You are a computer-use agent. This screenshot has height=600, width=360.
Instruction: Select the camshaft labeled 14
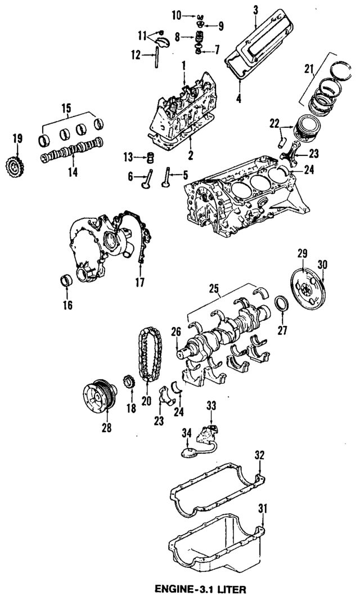pyautogui.click(x=71, y=150)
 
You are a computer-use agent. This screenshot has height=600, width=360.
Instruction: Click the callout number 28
pyautogui.click(x=107, y=427)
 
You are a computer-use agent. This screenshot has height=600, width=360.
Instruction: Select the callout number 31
pyautogui.click(x=263, y=509)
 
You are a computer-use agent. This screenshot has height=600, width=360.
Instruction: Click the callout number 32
pyautogui.click(x=260, y=455)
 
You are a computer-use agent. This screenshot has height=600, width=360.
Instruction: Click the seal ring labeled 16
pyautogui.click(x=67, y=280)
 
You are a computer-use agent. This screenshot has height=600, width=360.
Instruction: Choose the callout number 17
pyautogui.click(x=139, y=283)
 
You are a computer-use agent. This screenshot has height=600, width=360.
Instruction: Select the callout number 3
pyautogui.click(x=255, y=11)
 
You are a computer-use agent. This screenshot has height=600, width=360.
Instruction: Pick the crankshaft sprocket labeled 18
pyautogui.click(x=129, y=382)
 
